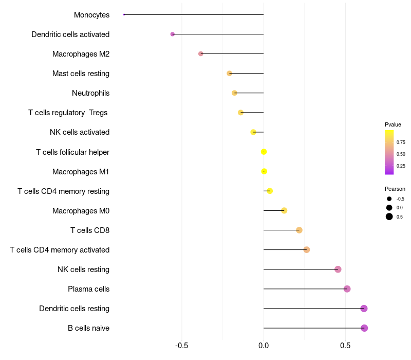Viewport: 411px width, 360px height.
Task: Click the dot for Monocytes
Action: pos(124,14)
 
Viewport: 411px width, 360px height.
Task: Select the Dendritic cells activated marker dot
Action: pos(173,34)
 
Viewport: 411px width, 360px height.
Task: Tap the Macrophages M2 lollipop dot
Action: pos(201,53)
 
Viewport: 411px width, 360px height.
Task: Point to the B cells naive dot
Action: pos(364,328)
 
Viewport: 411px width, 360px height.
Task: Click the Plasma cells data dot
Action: pos(347,289)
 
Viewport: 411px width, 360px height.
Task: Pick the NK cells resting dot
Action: pos(338,269)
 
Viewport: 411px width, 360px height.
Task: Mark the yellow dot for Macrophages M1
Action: pos(264,171)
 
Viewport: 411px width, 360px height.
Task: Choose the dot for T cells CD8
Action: pos(299,230)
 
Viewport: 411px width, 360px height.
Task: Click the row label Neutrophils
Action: pos(90,93)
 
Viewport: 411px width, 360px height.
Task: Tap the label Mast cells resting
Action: pos(81,74)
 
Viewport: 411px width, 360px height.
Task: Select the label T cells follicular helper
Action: pos(72,152)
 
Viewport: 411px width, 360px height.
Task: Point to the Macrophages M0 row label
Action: pos(81,211)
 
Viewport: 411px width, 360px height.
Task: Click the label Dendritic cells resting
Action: pos(74,309)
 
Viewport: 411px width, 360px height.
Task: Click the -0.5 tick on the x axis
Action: pos(181,346)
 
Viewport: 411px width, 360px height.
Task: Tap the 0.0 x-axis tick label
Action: pos(264,346)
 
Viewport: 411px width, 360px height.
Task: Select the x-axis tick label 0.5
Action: pos(345,346)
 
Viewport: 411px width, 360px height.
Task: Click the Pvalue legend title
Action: pos(393,124)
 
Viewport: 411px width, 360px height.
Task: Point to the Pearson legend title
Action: pos(395,189)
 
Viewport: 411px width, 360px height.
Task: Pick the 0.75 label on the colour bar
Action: pos(401,142)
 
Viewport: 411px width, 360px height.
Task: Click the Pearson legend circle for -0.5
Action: pos(389,199)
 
